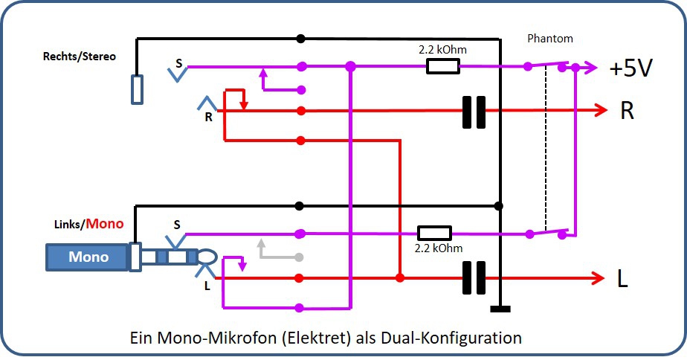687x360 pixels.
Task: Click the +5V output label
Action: pyautogui.click(x=630, y=68)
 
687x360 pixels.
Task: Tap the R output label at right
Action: pyautogui.click(x=628, y=112)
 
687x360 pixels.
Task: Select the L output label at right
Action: pyautogui.click(x=622, y=279)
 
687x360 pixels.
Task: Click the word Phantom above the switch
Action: pyautogui.click(x=549, y=38)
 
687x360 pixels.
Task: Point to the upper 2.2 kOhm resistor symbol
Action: pyautogui.click(x=442, y=67)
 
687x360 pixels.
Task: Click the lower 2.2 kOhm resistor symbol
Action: pyautogui.click(x=434, y=233)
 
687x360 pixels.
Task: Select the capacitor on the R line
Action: pyautogui.click(x=474, y=112)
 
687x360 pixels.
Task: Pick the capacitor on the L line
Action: pyautogui.click(x=474, y=278)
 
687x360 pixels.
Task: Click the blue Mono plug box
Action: pyautogui.click(x=88, y=257)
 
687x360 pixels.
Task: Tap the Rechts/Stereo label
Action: pyautogui.click(x=80, y=57)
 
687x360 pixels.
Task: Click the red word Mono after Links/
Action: pyautogui.click(x=104, y=223)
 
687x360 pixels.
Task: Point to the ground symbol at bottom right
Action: pyautogui.click(x=500, y=309)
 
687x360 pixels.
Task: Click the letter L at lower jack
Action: pyautogui.click(x=206, y=284)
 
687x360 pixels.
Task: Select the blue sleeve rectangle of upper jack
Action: pyautogui.click(x=137, y=89)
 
